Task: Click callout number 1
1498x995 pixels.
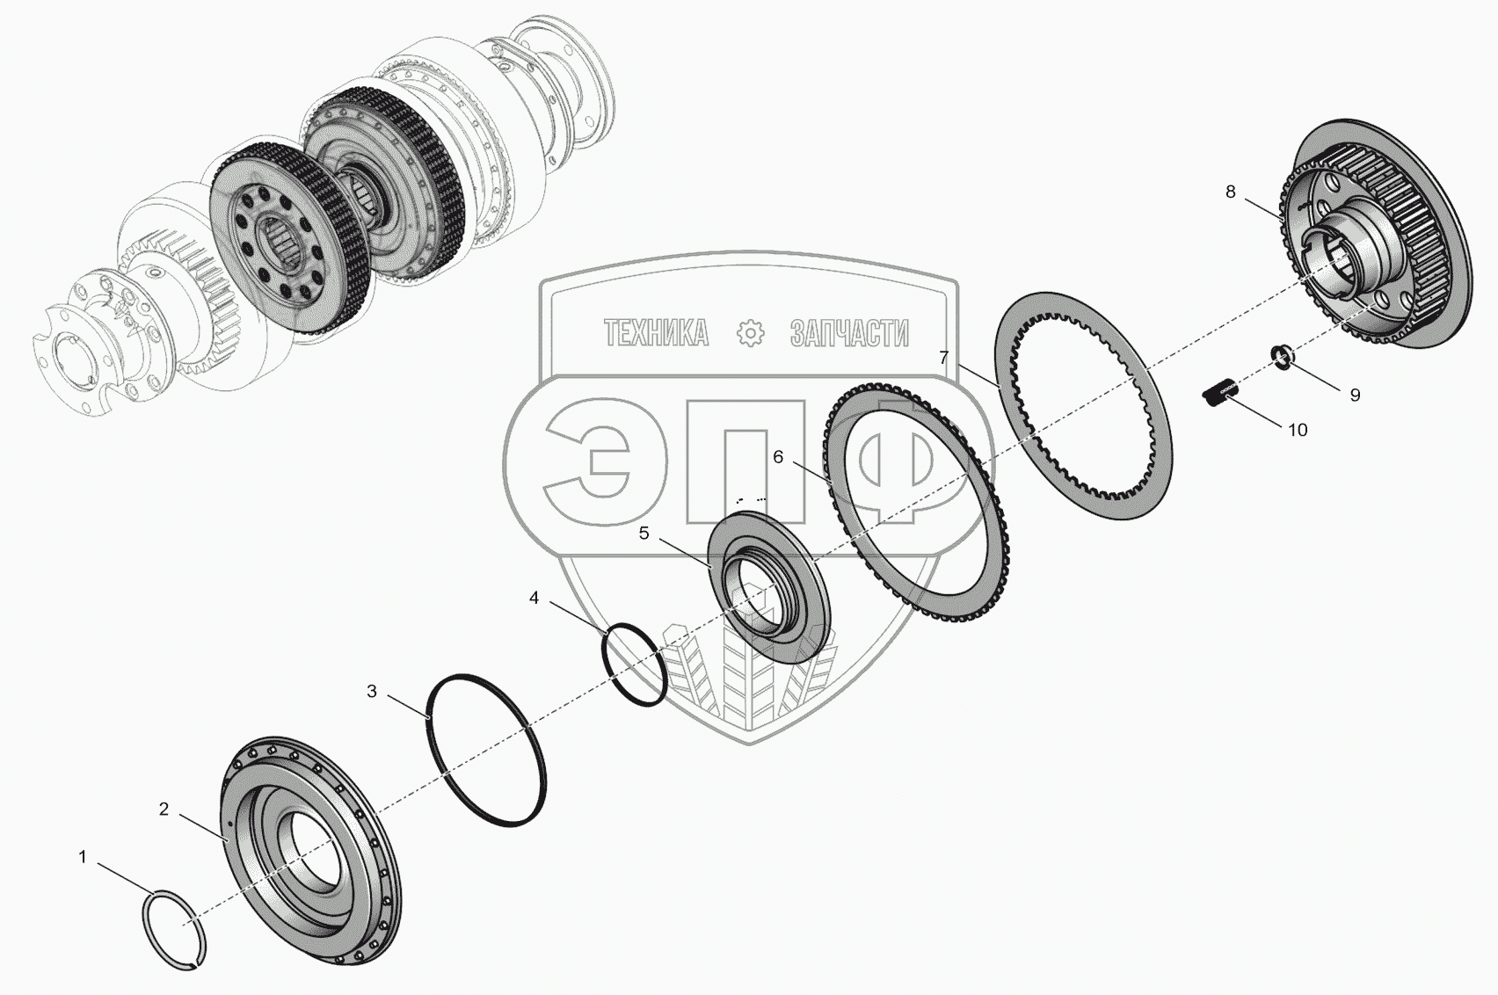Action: tap(83, 857)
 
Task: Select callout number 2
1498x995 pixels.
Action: tap(164, 810)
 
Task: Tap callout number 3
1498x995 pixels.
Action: tap(373, 692)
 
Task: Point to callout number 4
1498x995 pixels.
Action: tap(534, 598)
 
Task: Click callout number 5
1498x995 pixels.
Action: tap(644, 534)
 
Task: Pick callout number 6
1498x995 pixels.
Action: tap(778, 457)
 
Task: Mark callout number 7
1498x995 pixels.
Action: tap(943, 358)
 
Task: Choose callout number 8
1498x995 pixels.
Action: tap(1231, 192)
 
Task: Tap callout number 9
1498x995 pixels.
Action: tap(1355, 396)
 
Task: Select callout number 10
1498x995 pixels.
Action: tap(1298, 430)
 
